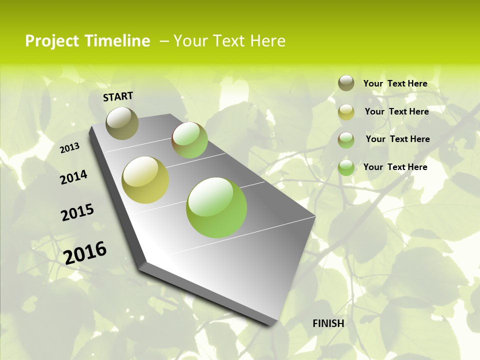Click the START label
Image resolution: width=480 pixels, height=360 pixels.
118,96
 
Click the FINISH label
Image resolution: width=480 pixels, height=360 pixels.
328,323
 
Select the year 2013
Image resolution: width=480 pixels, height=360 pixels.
69,148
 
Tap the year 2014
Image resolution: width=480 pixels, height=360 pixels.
73,177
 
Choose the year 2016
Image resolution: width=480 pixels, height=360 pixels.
85,252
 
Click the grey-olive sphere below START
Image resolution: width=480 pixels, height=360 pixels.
122,123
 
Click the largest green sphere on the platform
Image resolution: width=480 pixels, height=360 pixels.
216,207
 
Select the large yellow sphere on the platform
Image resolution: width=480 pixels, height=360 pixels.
145,180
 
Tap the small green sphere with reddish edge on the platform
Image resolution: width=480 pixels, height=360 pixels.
189,140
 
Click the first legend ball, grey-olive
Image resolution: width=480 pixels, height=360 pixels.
346,83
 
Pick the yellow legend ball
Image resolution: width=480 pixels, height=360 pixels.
346,112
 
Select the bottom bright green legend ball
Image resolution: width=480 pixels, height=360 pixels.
346,167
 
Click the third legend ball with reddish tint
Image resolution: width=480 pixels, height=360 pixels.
346,139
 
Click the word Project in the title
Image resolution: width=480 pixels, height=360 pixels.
51,41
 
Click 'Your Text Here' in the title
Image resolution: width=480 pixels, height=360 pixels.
229,41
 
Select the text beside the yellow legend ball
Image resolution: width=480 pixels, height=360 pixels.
396,111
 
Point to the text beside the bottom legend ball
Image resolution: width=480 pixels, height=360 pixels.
395,167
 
